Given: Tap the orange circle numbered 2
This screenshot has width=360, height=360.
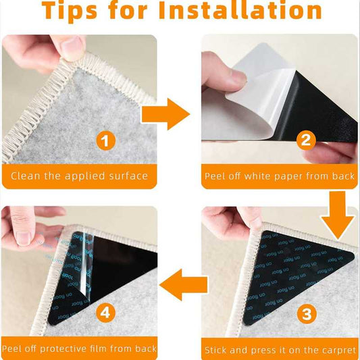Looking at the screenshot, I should (x=305, y=142).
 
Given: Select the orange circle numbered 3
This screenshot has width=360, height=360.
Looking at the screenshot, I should (x=305, y=313).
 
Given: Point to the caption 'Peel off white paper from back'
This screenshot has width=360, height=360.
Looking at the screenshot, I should (x=280, y=176).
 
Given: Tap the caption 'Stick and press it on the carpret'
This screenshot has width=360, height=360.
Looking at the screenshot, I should (x=280, y=350).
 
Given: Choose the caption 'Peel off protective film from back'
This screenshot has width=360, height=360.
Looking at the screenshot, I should (x=79, y=350).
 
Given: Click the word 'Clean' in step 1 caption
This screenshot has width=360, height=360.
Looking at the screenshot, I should (x=26, y=176).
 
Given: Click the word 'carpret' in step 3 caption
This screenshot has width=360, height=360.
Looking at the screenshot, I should (x=338, y=350).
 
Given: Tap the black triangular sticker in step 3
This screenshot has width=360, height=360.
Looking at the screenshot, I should (x=297, y=270).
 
